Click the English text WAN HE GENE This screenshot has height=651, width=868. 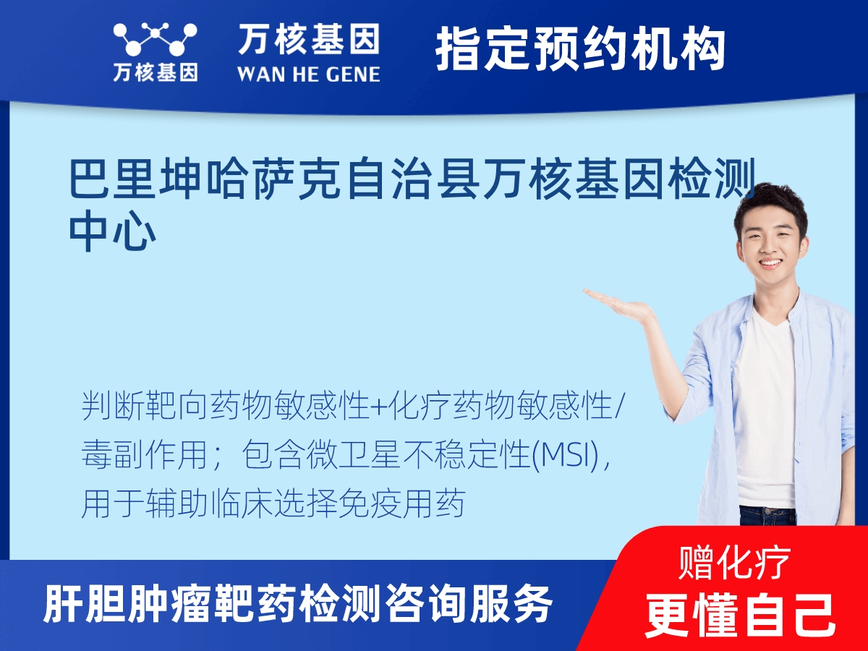pos(308,74)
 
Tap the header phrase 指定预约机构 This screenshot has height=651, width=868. pos(580,49)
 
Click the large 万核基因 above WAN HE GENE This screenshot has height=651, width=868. pos(308,41)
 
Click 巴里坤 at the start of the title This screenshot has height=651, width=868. pos(134,181)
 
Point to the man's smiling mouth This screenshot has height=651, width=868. pos(770,263)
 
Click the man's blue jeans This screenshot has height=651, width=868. pos(767,515)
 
